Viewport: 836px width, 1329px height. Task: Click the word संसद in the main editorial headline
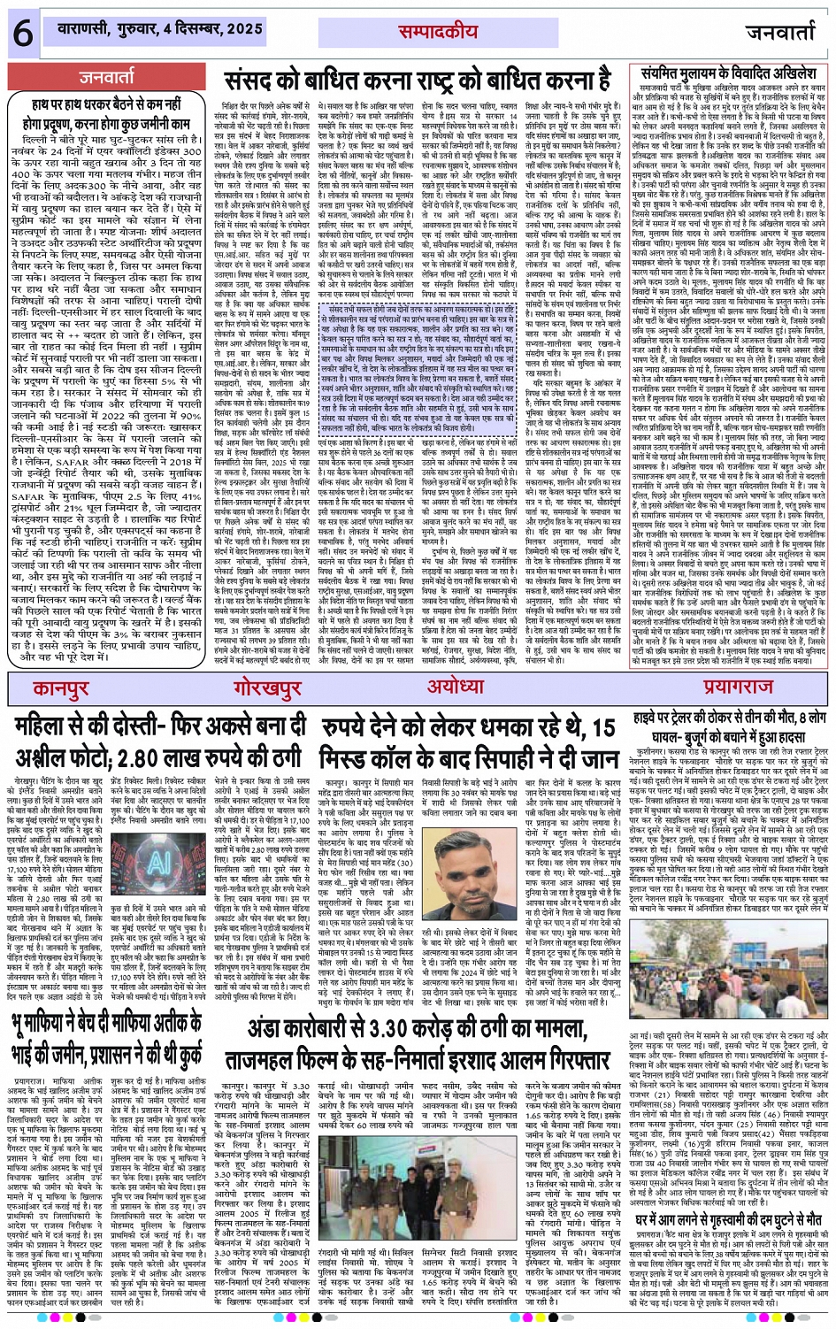click(x=255, y=81)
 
